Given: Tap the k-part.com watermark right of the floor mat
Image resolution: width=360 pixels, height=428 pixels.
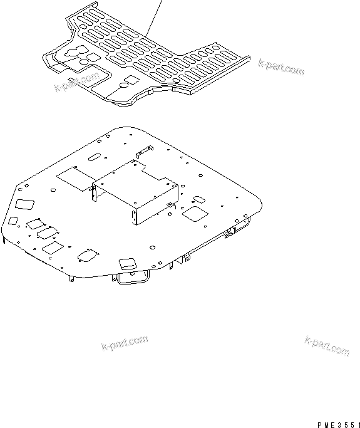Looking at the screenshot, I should click(x=281, y=67).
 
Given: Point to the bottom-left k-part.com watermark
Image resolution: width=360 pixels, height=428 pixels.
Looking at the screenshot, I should click(x=124, y=344).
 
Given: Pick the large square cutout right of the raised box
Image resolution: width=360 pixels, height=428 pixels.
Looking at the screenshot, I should click(x=194, y=213).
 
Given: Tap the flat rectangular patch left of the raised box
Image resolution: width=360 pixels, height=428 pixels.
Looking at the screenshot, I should click(x=74, y=178).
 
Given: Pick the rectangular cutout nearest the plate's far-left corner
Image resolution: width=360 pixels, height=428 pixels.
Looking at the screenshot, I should click(x=24, y=204).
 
